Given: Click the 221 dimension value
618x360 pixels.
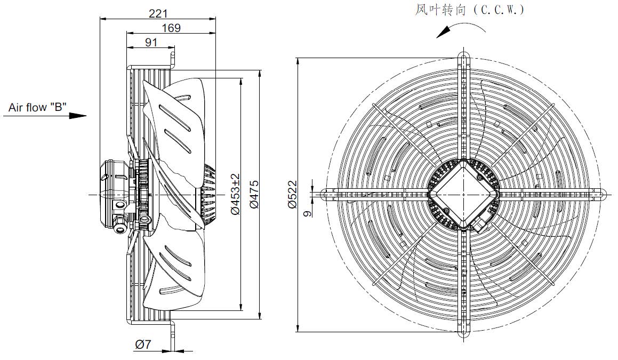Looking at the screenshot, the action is click(158, 13).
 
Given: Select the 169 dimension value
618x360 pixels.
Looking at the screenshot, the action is click(172, 28).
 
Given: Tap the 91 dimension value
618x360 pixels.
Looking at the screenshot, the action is click(151, 42).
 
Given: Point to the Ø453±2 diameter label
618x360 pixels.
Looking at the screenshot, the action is click(235, 194).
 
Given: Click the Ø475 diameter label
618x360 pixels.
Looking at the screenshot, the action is click(254, 194).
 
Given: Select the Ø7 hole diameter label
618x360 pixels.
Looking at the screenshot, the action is click(143, 345).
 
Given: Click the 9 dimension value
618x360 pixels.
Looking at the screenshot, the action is click(308, 213).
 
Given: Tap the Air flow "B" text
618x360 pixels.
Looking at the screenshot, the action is click(38, 107).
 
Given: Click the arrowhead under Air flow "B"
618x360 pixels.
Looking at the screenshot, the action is click(78, 116).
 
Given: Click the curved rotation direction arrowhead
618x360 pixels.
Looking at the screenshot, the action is click(443, 33).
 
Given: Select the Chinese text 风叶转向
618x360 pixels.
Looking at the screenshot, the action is click(440, 10).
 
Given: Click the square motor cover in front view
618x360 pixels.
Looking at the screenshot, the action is click(464, 194).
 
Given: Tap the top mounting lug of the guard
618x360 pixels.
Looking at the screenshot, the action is click(464, 55).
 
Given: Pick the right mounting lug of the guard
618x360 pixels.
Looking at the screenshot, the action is click(601, 194).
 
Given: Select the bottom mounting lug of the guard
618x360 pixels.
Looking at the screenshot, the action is click(464, 333).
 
